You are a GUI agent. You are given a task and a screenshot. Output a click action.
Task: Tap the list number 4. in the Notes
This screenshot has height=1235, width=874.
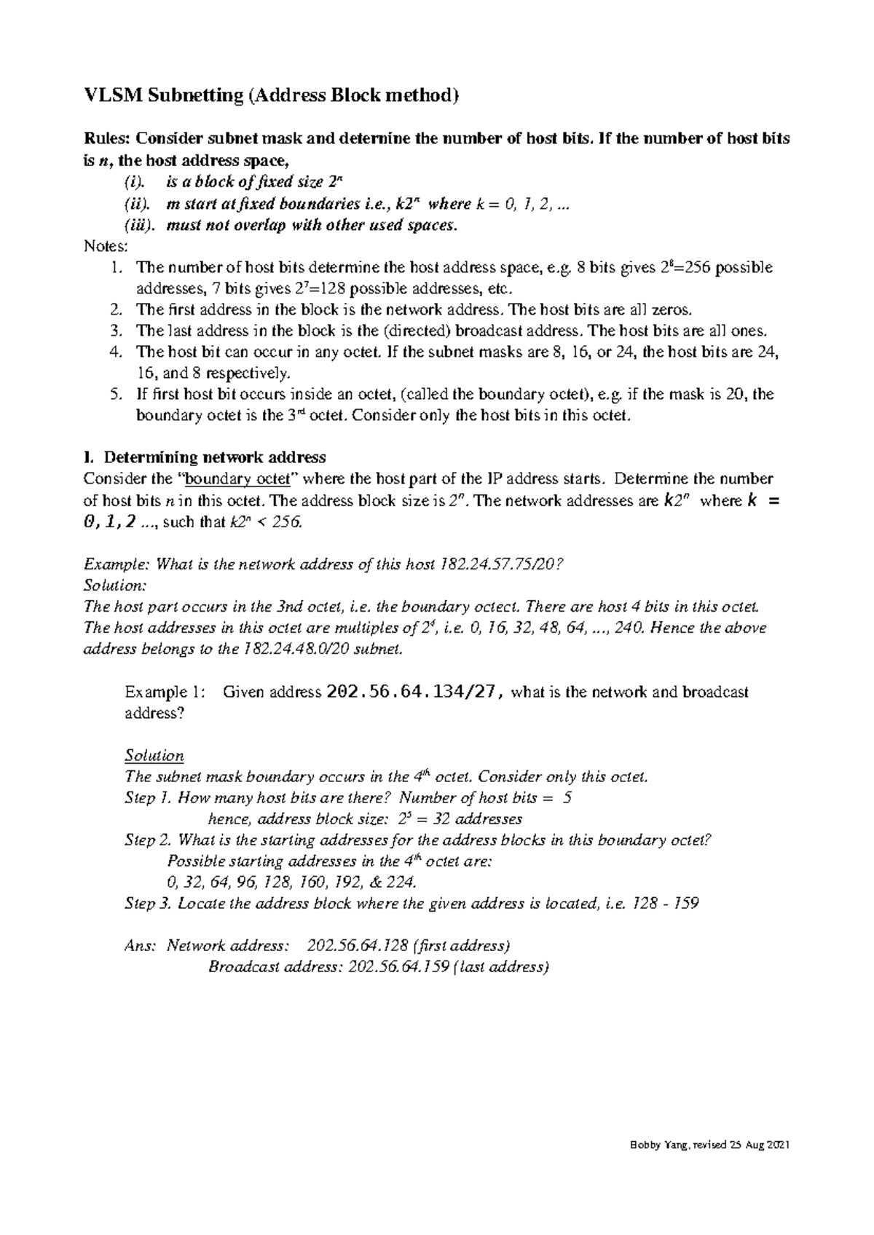point(114,352)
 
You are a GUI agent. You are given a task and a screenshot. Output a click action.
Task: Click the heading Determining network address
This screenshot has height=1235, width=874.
point(215,457)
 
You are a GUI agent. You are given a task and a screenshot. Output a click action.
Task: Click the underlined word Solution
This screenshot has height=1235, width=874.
point(154,755)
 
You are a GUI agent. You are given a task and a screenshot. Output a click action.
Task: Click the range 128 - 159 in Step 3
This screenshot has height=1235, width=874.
point(666,904)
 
